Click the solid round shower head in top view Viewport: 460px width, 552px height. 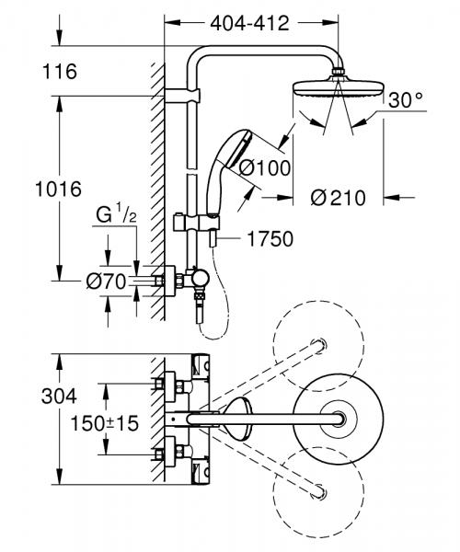click(339, 416)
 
